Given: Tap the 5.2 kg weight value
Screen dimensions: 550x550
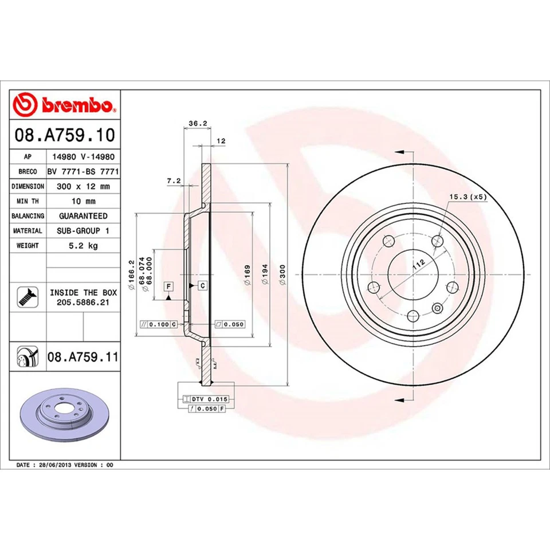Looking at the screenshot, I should pos(83,246).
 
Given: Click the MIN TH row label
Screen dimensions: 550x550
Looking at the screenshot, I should pos(28,202).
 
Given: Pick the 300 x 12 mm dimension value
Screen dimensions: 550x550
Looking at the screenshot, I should pos(83,187).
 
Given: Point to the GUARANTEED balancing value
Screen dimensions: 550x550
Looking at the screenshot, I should pos(83,216).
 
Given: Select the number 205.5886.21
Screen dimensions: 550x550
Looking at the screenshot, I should pos(83,301).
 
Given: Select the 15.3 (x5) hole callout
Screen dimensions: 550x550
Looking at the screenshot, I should pos(467,197).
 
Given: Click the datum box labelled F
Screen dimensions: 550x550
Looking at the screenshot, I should pos(169,285).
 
